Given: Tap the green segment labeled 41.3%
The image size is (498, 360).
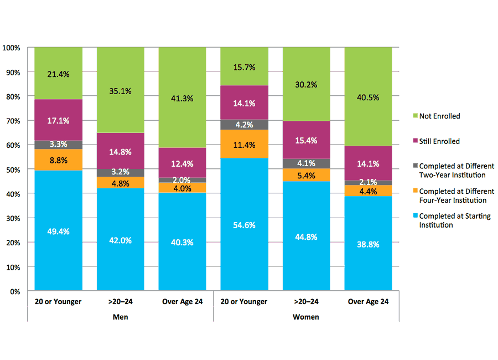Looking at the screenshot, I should click(182, 97).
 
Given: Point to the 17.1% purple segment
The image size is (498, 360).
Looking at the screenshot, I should click(58, 120).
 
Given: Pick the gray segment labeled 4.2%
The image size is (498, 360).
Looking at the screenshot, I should click(244, 125).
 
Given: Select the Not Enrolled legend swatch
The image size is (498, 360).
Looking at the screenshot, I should click(414, 116).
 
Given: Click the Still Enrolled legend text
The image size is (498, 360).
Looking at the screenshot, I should click(440, 141).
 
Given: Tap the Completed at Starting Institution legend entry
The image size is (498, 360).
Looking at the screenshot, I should click(454, 220).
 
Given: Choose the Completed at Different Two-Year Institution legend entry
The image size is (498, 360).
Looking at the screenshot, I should click(456, 170).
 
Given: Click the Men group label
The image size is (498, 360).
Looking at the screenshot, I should click(120, 317).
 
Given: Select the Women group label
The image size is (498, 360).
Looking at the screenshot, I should click(306, 317).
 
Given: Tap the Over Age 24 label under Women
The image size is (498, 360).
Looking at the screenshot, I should click(368, 302).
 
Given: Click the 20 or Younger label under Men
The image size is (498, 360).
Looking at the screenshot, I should click(58, 302).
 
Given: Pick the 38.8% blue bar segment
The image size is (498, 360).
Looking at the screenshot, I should click(368, 244).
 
